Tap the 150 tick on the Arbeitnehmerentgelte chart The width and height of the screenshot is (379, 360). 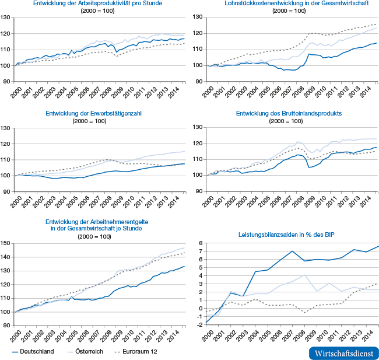click(x=6, y=243)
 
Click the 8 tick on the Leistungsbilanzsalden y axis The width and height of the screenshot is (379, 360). click(x=199, y=243)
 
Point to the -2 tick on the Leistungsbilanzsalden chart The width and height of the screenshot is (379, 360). click(x=198, y=323)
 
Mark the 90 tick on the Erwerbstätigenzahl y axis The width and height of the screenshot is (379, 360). click(x=8, y=191)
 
